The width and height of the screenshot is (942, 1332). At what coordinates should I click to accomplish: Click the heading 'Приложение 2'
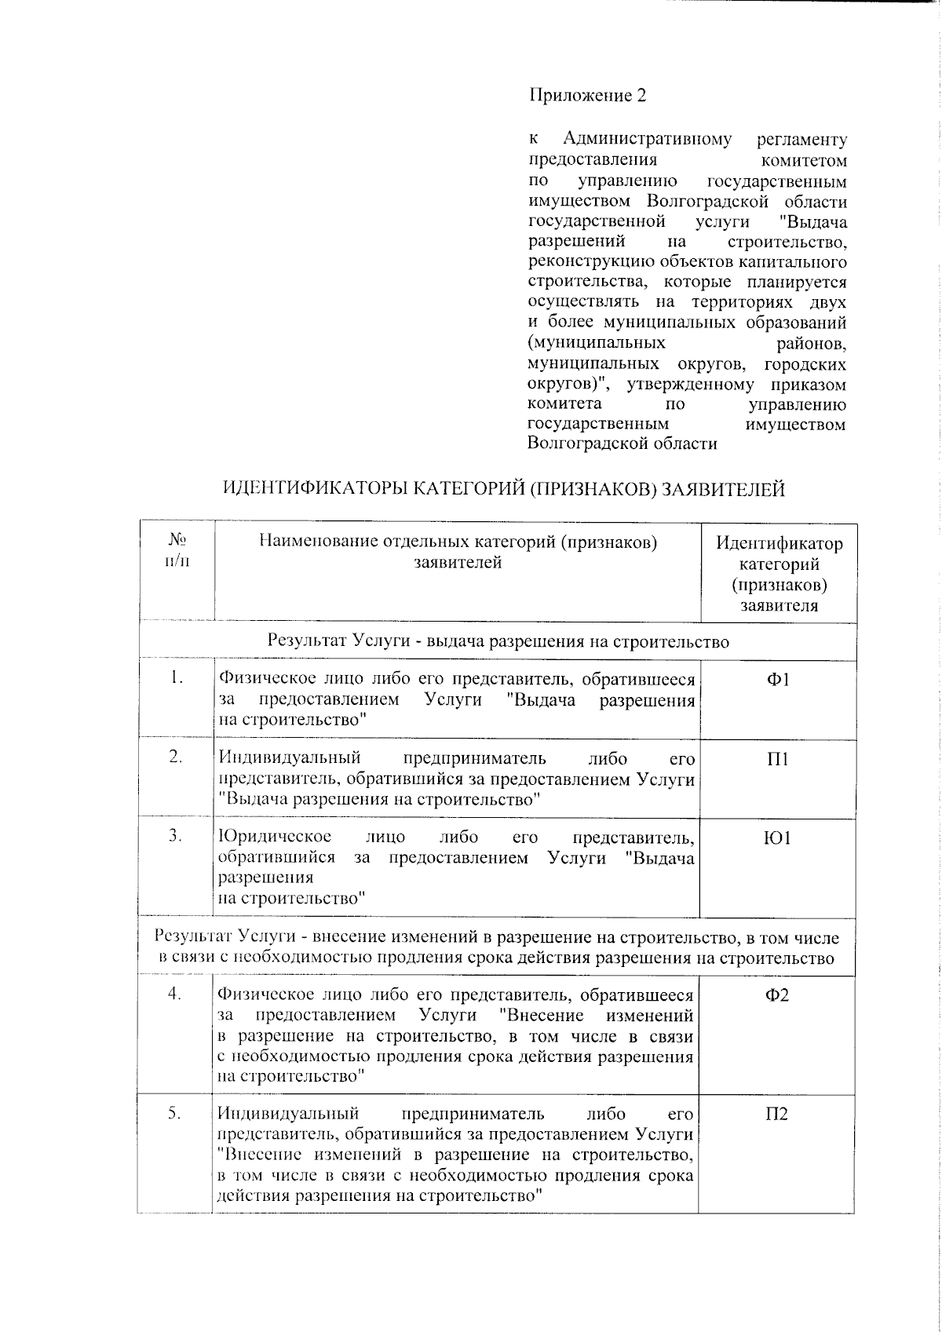point(587,96)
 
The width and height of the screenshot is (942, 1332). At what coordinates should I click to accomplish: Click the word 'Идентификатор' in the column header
point(779,543)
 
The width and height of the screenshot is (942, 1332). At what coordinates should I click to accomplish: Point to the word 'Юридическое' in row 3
point(275,837)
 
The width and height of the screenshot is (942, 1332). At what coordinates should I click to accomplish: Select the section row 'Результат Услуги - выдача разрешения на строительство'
point(498,641)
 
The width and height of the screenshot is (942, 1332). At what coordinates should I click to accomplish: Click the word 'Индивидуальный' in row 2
point(290,758)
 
